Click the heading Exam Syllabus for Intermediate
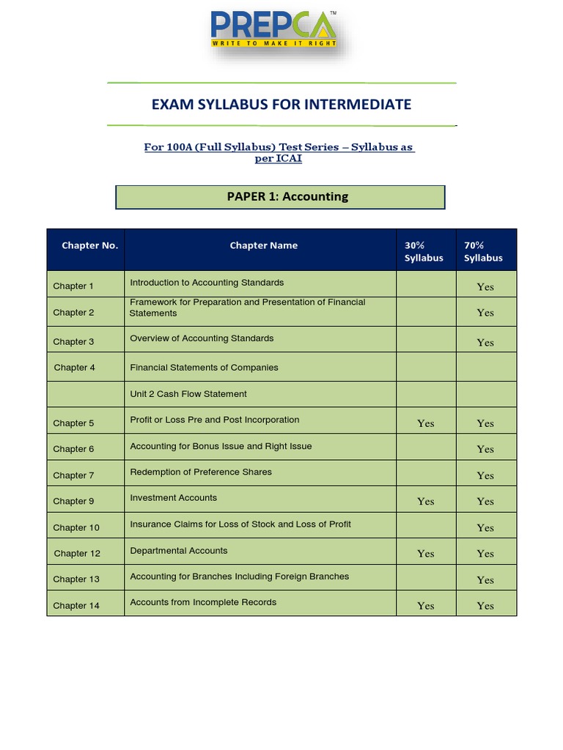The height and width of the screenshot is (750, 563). point(281,105)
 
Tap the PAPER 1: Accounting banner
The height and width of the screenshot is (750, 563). point(281,196)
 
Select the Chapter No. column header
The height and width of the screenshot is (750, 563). point(89,245)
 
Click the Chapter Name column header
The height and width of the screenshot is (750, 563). point(264,245)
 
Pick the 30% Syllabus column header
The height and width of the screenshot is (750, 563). point(424,251)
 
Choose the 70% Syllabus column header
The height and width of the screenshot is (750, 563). point(484,251)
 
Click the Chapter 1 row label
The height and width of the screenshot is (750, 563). point(73,286)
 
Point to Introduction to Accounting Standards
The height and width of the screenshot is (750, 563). point(207,283)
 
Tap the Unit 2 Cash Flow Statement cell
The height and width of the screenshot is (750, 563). point(188,394)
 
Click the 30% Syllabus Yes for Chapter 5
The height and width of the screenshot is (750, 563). point(425,423)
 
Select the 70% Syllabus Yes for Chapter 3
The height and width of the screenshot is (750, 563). point(485,342)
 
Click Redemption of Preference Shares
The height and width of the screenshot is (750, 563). point(201,472)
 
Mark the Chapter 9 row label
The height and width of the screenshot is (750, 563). point(73,502)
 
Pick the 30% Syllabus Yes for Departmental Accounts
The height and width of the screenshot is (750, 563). point(425,554)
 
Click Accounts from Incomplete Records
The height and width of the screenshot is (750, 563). point(203,603)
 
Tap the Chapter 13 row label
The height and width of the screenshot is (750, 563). point(76,579)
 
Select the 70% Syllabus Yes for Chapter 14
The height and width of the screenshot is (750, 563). point(485,606)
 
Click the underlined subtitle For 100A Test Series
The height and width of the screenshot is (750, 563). point(279,153)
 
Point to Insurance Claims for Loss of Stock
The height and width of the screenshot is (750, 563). point(240,524)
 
